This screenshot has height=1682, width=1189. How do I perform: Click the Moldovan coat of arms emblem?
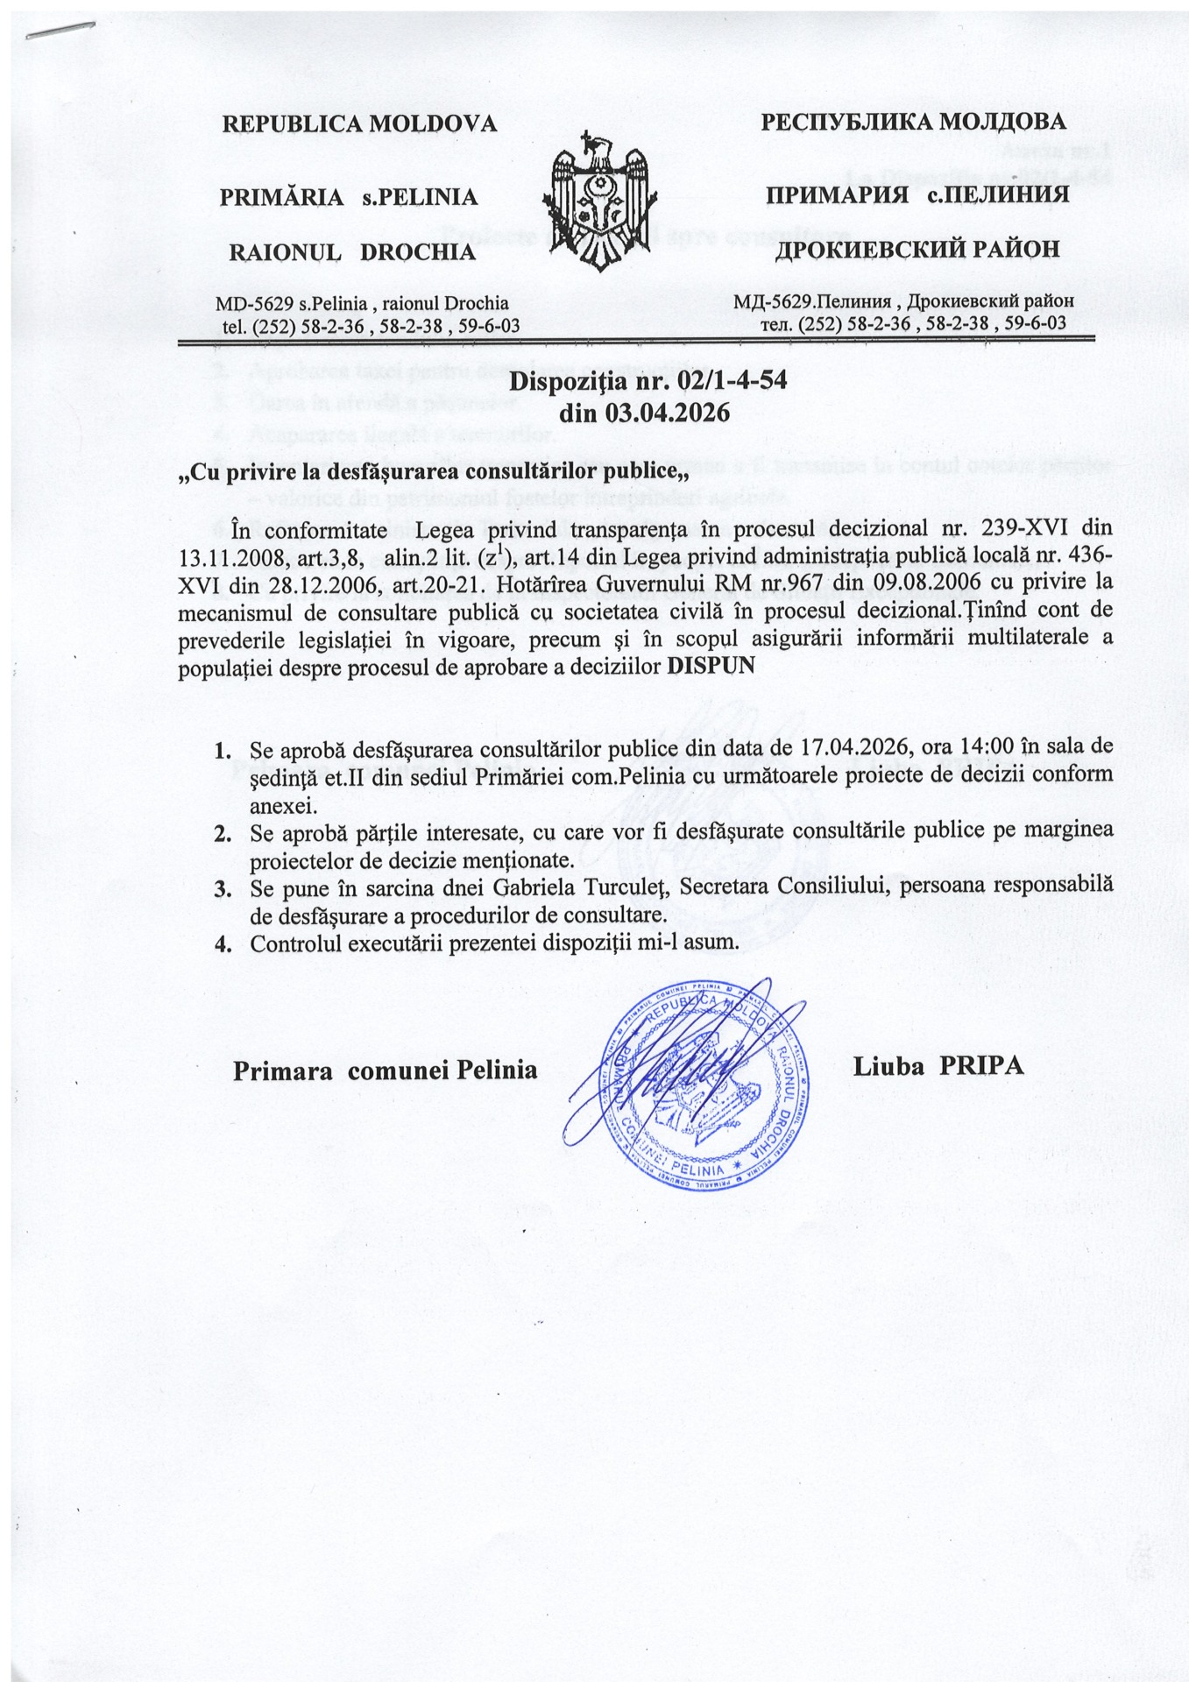pyautogui.click(x=598, y=201)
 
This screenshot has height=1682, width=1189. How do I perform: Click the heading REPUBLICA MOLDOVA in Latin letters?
pyautogui.click(x=359, y=124)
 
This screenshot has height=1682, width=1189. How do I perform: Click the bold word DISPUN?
pyautogui.click(x=711, y=665)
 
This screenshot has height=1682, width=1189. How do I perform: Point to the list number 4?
pyautogui.click(x=223, y=944)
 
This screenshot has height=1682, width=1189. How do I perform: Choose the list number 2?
pyautogui.click(x=223, y=831)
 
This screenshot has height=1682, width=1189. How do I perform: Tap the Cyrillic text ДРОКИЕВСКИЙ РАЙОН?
pyautogui.click(x=917, y=251)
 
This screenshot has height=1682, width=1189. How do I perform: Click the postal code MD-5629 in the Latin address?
pyautogui.click(x=254, y=303)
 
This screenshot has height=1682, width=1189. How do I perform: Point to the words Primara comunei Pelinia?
pyautogui.click(x=386, y=1070)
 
